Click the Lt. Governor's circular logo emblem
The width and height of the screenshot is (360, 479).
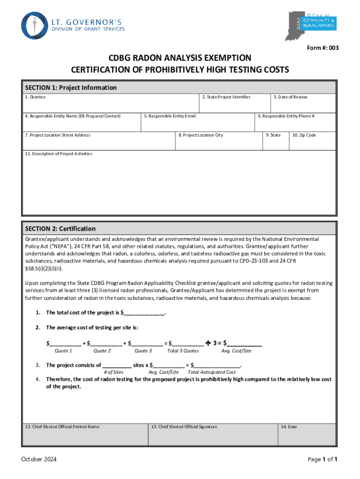[x=35, y=25]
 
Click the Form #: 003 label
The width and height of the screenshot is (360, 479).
[x=323, y=47]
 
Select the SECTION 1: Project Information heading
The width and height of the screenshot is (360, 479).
[x=71, y=87]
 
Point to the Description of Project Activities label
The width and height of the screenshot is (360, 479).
[x=59, y=154]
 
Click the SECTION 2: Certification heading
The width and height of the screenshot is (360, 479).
[x=60, y=229]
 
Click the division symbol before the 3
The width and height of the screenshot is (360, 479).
[x=208, y=342]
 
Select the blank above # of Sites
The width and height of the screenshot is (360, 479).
[x=116, y=365]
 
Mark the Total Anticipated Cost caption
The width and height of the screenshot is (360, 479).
[x=212, y=372]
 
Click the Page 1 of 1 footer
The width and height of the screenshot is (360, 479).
[x=322, y=459]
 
